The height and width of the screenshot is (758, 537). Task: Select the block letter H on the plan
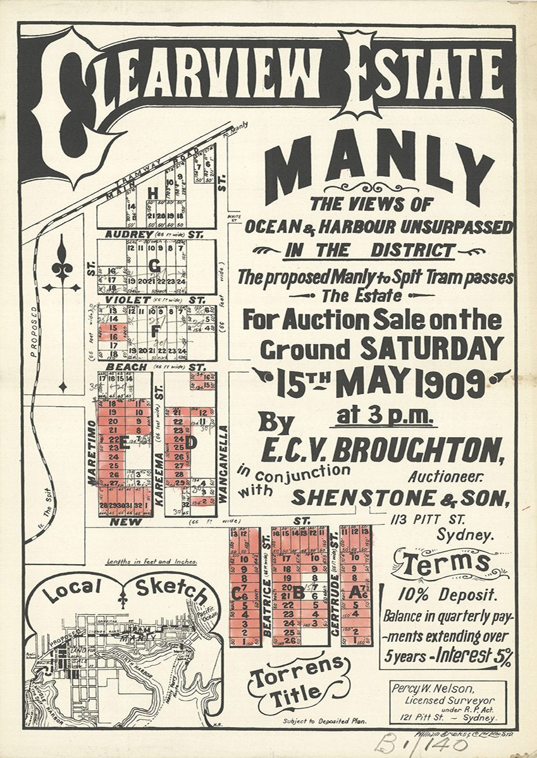[x=152, y=193]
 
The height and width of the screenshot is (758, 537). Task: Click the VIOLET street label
[x=128, y=299]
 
